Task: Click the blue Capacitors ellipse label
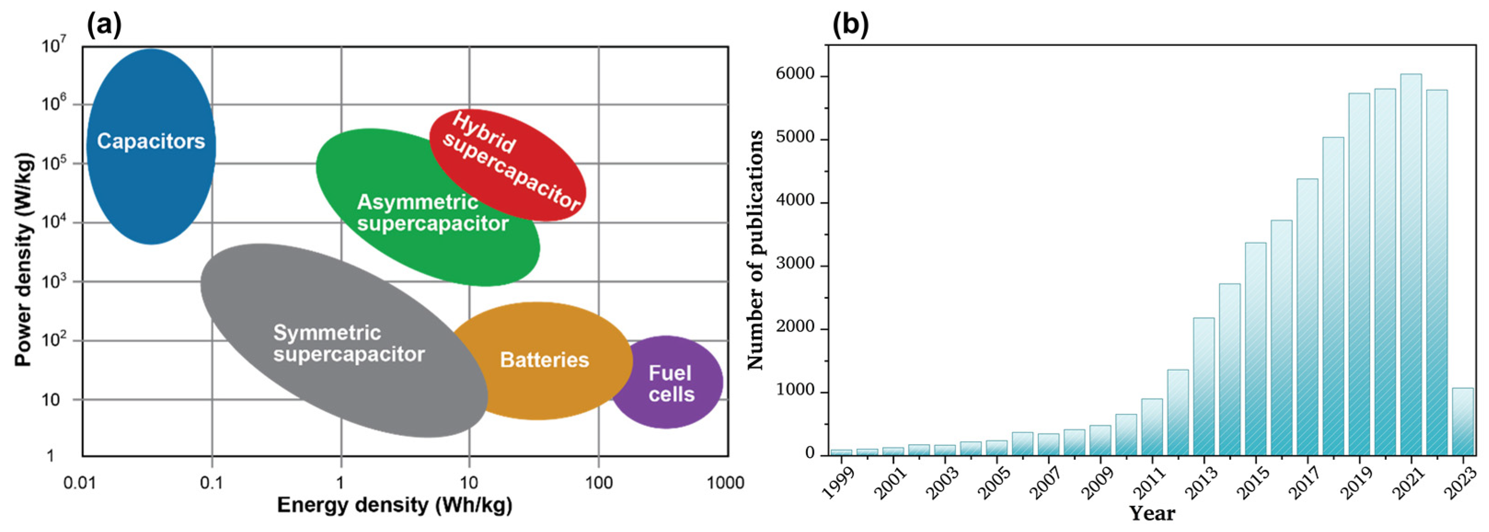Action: coord(151,141)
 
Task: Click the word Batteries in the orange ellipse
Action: coord(544,360)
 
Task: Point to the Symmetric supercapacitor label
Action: coord(349,343)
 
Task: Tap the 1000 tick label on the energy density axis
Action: coord(725,482)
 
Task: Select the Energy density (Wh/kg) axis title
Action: coord(395,505)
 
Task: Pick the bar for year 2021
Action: coord(1411,264)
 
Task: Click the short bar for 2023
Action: coord(1462,422)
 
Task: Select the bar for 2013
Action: coord(1204,386)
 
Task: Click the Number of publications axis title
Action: coord(755,250)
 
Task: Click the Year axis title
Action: coord(1151,514)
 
